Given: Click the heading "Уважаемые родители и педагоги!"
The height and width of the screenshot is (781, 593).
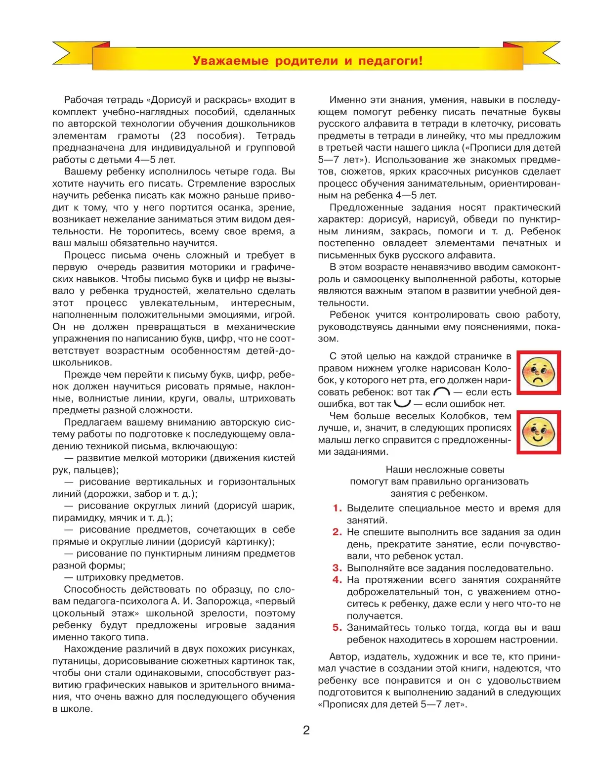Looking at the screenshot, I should coord(307,61).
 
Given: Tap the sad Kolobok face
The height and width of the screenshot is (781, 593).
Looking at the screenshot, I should coord(539,373).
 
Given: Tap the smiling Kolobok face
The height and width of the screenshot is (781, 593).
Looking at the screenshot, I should coord(539,432).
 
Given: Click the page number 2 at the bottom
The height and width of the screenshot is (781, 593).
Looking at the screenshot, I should coord(306,730).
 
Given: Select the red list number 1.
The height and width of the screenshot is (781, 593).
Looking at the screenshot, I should coord(337,508).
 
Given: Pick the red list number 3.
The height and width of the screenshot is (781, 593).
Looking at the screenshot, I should coord(337,568).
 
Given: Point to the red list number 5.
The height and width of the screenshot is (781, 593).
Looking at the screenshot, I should coord(337,628).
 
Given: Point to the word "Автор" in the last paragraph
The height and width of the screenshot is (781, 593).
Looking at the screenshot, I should coord(343,657).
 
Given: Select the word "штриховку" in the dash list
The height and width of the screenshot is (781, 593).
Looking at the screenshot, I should coord(101,577).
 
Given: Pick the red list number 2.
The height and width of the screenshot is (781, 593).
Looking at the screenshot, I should coord(337,532).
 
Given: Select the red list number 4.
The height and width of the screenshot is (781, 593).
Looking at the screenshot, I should coord(337,580).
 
